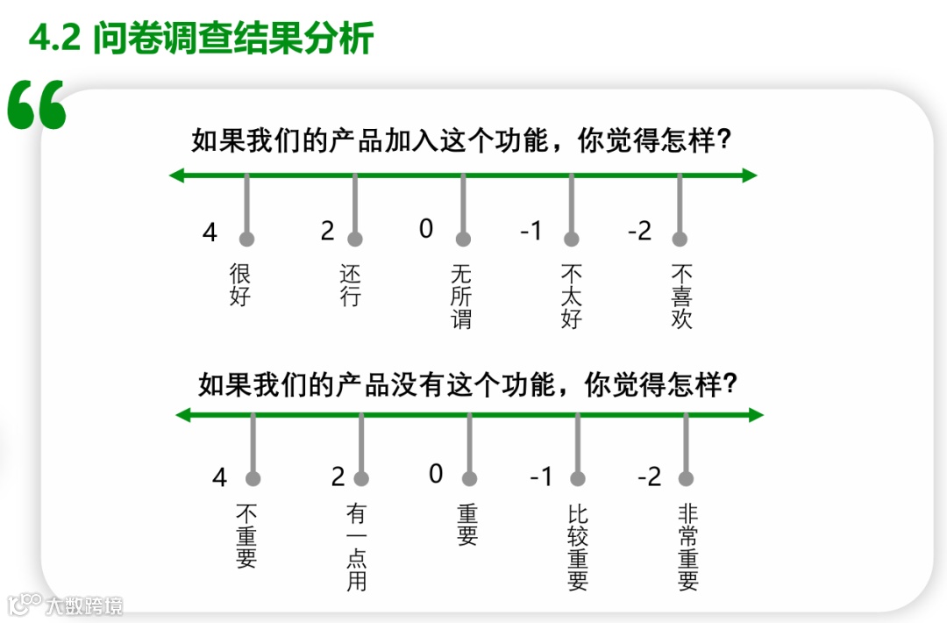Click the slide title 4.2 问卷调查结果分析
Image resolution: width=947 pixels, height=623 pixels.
point(201,39)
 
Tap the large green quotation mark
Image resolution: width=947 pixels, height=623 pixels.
point(37,106)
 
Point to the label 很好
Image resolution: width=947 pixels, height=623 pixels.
point(240,284)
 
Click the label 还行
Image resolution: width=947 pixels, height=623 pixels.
point(350,284)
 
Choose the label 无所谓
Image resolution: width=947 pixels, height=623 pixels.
point(461,296)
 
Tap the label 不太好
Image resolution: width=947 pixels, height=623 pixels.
point(571,296)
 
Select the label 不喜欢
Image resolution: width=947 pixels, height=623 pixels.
point(681,296)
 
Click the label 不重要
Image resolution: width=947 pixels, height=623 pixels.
point(246,534)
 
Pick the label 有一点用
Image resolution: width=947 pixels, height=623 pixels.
point(356,546)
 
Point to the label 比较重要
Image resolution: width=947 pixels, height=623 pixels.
point(577,546)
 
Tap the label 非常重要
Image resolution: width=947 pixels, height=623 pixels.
point(688,546)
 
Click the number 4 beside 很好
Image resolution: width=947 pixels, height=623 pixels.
point(210,233)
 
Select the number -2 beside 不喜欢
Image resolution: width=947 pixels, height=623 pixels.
point(640,232)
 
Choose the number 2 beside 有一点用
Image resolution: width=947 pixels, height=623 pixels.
point(338,477)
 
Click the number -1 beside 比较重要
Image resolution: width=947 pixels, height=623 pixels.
point(541,477)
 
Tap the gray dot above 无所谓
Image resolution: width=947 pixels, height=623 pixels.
point(463,239)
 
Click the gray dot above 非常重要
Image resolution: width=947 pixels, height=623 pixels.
point(686,478)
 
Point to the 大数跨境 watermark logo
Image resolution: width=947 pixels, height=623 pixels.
point(66,605)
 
